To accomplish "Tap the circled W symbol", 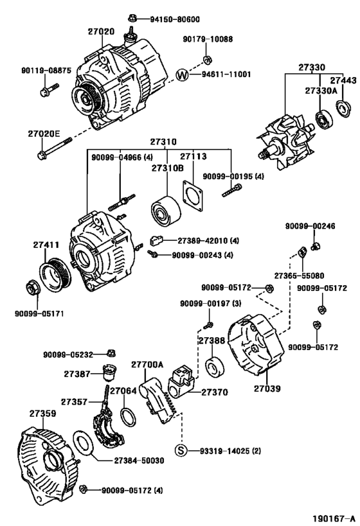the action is coord(183,75).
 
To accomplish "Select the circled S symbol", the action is coord(181,450).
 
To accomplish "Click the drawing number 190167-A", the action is coord(334,518).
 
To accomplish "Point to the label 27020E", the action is coord(44,134).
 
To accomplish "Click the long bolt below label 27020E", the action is coord(55,148).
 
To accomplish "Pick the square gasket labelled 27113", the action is coord(193,196).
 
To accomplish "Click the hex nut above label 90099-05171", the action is coord(33,287).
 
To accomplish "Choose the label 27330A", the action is coord(321,91).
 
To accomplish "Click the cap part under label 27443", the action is coord(343,108).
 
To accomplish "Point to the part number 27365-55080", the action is coord(299,276).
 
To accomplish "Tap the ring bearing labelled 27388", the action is coord(215,367).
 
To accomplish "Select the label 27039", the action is coord(267,389).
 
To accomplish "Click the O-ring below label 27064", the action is coord(128,417).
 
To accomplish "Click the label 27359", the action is coord(42,414).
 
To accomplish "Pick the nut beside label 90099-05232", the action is coord(111,353).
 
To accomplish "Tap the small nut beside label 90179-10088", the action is coord(207,60).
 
